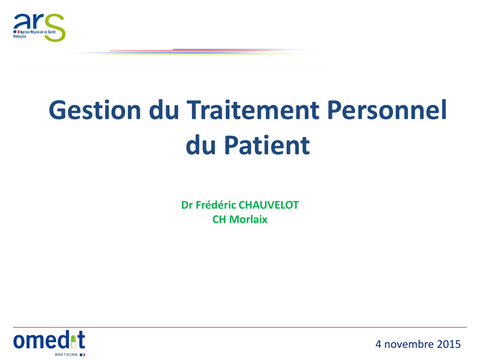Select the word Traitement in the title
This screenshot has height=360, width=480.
(253, 110)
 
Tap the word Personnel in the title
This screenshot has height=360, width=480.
(387, 110)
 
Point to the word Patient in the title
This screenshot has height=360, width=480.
(267, 145)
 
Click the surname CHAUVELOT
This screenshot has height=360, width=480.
(269, 205)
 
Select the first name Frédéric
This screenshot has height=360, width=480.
(216, 205)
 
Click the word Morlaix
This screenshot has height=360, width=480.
(248, 219)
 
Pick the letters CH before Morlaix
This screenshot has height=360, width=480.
(219, 219)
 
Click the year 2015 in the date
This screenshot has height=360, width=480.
(449, 344)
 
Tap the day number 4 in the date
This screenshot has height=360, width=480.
(378, 344)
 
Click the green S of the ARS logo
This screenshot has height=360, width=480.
(55, 28)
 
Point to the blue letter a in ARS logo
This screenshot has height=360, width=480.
(20, 22)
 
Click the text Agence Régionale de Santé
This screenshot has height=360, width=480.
(38, 32)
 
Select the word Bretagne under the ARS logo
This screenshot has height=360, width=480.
(20, 37)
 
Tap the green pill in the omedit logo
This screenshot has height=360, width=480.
(73, 342)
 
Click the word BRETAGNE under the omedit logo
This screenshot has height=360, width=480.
(66, 354)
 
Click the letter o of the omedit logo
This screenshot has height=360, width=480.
(18, 341)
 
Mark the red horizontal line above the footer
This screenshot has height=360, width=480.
(240, 327)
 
